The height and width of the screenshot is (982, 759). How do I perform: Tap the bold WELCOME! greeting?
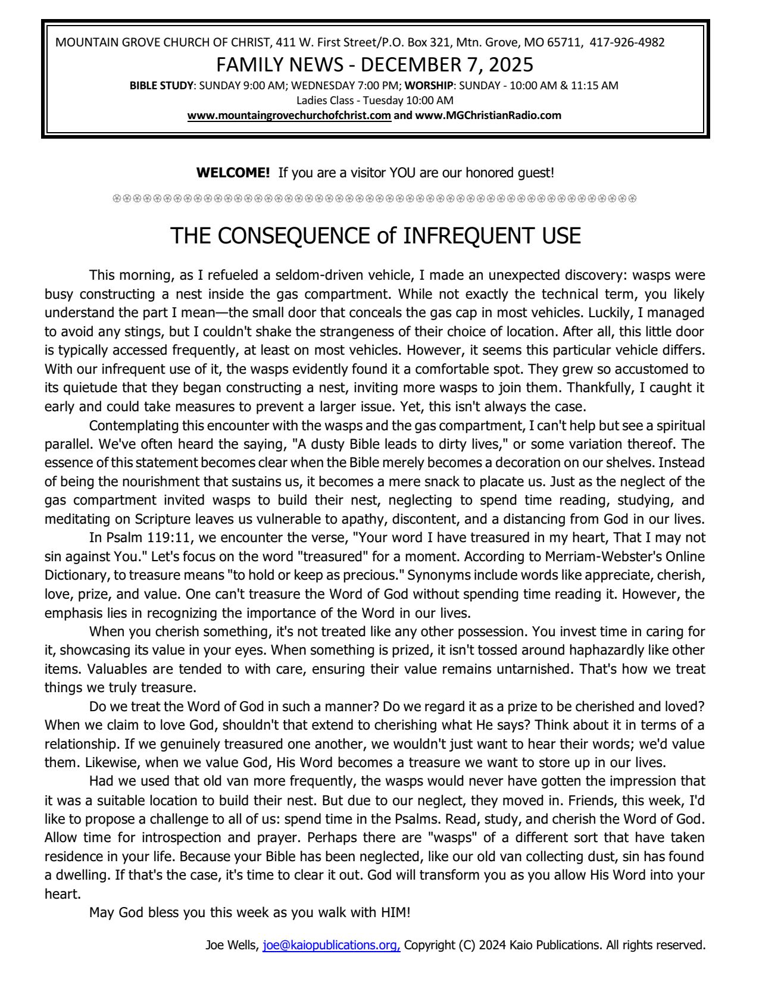tap(233, 173)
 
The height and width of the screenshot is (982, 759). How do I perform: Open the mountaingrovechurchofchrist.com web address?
tap(289, 115)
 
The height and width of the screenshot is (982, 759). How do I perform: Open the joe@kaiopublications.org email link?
tap(331, 945)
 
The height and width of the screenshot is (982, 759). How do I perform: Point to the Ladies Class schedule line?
tap(375, 100)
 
